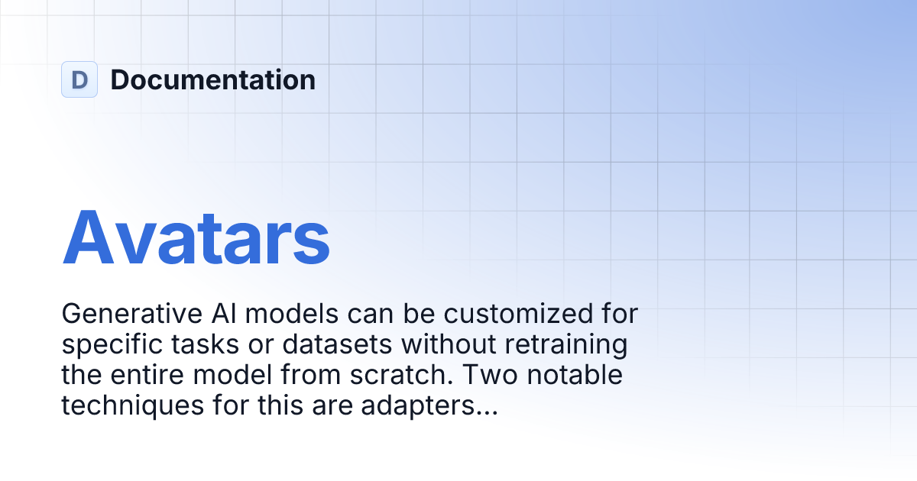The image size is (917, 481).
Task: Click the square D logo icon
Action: click(x=79, y=79)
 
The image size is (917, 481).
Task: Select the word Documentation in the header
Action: click(x=212, y=79)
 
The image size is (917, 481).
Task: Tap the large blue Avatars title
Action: click(x=196, y=237)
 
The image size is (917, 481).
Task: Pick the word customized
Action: click(x=520, y=314)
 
